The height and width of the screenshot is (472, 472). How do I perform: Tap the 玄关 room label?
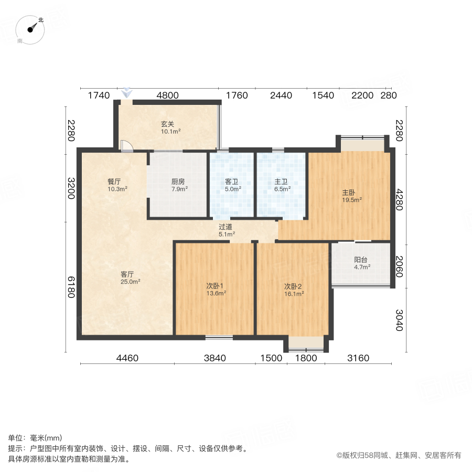pyautogui.click(x=167, y=124)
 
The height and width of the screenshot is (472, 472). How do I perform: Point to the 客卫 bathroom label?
pyautogui.click(x=232, y=181)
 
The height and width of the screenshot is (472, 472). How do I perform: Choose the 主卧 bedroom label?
pyautogui.click(x=349, y=192)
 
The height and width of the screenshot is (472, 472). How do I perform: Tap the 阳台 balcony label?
pyautogui.click(x=361, y=259)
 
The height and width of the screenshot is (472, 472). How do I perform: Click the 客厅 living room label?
pyautogui.click(x=128, y=274)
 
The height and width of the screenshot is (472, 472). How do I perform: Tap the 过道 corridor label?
pyautogui.click(x=226, y=227)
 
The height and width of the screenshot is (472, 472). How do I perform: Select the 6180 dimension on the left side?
pyautogui.click(x=71, y=287)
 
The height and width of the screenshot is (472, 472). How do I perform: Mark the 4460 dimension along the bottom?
pyautogui.click(x=127, y=358)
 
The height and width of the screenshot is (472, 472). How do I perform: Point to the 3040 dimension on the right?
pyautogui.click(x=400, y=319)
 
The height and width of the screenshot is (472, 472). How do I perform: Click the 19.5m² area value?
pyautogui.click(x=351, y=199)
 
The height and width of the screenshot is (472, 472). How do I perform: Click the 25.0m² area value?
pyautogui.click(x=131, y=282)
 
